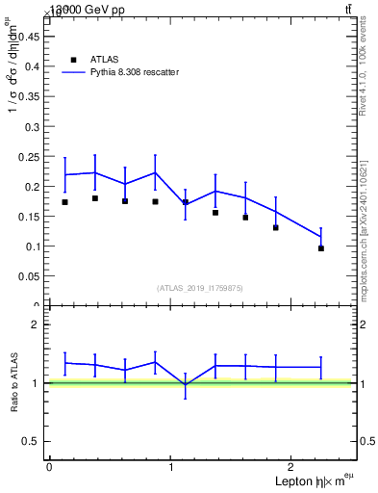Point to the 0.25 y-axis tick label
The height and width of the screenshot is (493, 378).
pyautogui.click(x=31, y=156)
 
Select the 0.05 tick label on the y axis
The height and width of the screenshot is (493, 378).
pyautogui.click(x=31, y=276)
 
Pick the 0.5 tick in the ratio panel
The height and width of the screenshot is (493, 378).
pyautogui.click(x=34, y=441)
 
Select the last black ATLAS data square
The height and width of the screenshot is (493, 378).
pyautogui.click(x=321, y=248)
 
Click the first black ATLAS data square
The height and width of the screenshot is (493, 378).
pyautogui.click(x=64, y=202)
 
